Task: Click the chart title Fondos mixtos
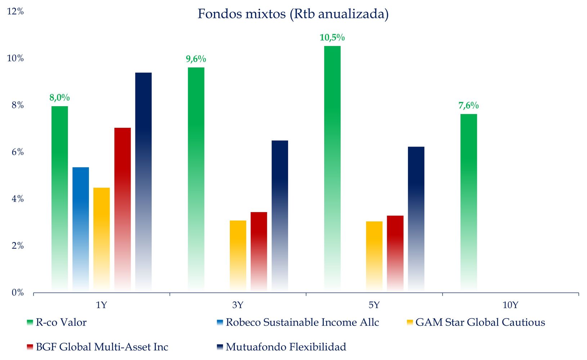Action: pyautogui.click(x=293, y=14)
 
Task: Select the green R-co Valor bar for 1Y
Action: pyautogui.click(x=59, y=198)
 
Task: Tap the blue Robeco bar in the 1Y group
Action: pyautogui.click(x=81, y=229)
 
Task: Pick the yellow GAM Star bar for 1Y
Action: pyautogui.click(x=102, y=239)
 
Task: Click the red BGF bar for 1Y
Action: pyautogui.click(x=122, y=209)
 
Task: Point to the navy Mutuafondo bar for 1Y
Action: pyautogui.click(x=143, y=182)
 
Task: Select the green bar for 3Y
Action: pyautogui.click(x=196, y=180)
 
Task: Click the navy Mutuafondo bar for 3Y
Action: pyautogui.click(x=280, y=216)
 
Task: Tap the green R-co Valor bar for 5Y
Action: pyautogui.click(x=332, y=169)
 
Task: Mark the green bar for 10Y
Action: pyautogui.click(x=469, y=203)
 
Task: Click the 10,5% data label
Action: pyautogui.click(x=332, y=37)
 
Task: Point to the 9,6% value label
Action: pyautogui.click(x=196, y=59)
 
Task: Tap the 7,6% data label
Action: pyautogui.click(x=469, y=105)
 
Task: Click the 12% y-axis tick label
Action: pyautogui.click(x=15, y=12)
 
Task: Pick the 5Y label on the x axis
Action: pyautogui.click(x=374, y=305)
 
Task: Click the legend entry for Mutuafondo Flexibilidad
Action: pyautogui.click(x=286, y=347)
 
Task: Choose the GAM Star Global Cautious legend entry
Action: pyautogui.click(x=480, y=322)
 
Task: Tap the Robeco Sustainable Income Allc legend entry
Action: pyautogui.click(x=302, y=322)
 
